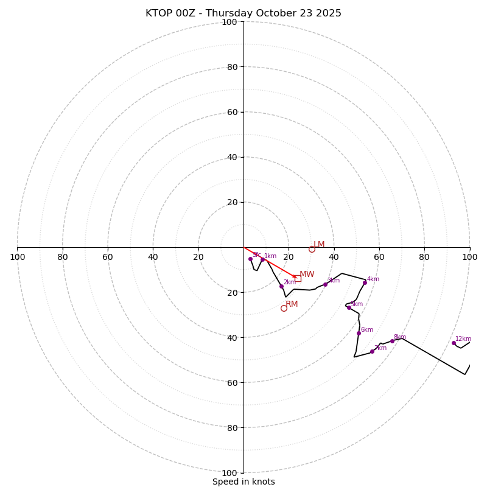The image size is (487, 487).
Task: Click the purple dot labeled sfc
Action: pos(250,259)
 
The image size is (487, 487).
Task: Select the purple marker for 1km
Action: pos(262,259)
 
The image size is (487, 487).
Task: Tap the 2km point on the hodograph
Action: pos(281,286)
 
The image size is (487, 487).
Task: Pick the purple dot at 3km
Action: pos(325,284)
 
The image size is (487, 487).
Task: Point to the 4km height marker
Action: pos(365,282)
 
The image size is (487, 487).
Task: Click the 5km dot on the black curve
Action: pos(349,307)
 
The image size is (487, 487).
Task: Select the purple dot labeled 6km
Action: pos(359,333)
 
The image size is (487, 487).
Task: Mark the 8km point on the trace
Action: pos(392,341)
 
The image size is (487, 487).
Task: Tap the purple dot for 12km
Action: pos(454,343)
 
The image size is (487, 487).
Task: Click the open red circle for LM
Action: pos(312,249)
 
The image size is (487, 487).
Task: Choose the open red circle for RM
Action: pos(284,309)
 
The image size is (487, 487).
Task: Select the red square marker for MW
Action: pos(298,278)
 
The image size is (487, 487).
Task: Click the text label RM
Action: pos(292,304)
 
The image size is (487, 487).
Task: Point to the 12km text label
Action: pos(463,339)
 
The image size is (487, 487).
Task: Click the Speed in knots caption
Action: pos(243,482)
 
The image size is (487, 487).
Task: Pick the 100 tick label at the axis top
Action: pos(229,22)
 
